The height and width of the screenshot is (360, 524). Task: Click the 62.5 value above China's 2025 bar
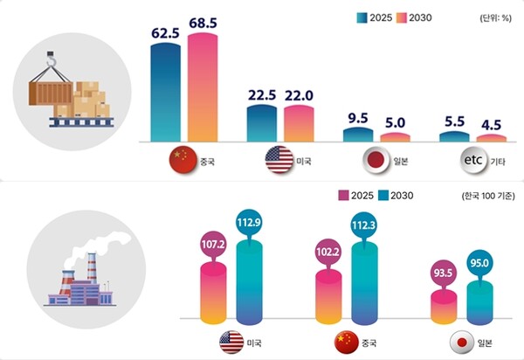(x=165, y=33)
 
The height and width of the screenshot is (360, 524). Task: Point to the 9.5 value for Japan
(x=356, y=118)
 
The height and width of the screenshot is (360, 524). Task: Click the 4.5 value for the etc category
(x=490, y=124)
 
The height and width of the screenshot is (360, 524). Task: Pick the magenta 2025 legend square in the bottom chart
(x=343, y=195)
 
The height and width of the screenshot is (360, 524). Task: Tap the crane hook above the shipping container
(x=52, y=59)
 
